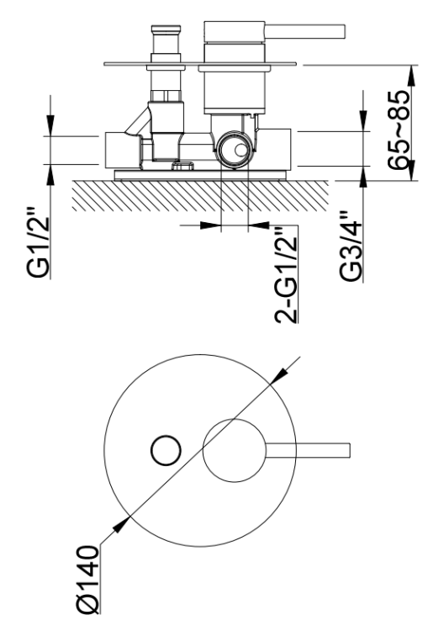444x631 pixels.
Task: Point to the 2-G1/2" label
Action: (x=286, y=274)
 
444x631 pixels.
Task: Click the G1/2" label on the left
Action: (x=38, y=242)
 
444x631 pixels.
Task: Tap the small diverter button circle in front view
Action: (x=166, y=451)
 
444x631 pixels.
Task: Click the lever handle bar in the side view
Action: (x=304, y=32)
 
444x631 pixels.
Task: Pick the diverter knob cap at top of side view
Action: (x=165, y=29)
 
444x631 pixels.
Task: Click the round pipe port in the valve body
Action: (x=235, y=149)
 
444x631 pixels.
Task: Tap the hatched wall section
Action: (x=200, y=195)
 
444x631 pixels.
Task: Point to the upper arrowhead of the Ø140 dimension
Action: (x=279, y=376)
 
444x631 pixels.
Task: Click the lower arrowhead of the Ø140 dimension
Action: (x=121, y=525)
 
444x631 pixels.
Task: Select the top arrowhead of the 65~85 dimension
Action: (x=411, y=75)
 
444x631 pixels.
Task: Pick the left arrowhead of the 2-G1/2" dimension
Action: (x=211, y=225)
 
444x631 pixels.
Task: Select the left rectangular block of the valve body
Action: (x=123, y=150)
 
